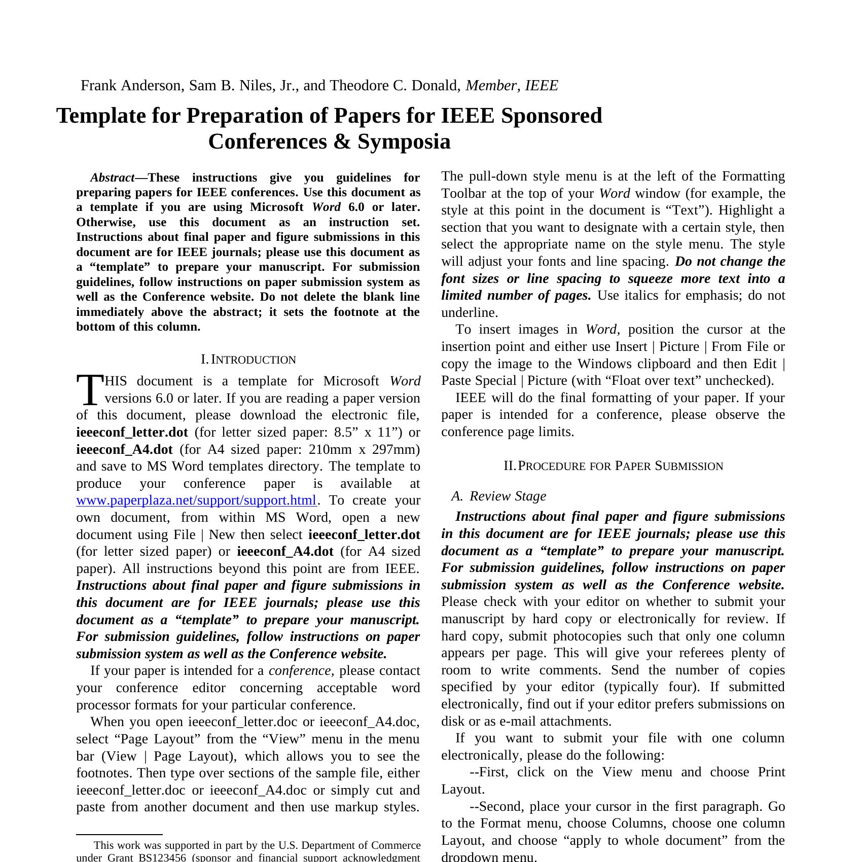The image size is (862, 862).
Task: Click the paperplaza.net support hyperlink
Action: tap(196, 500)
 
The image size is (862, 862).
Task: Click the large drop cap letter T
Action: tap(90, 390)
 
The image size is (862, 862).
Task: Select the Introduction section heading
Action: tap(248, 360)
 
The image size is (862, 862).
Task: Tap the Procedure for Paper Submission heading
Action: tap(614, 466)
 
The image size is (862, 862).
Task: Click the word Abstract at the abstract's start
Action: tap(112, 177)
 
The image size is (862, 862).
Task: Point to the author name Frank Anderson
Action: tap(131, 85)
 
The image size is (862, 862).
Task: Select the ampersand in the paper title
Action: tap(343, 141)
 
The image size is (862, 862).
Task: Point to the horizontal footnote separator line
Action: tap(119, 834)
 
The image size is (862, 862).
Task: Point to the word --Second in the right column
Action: tap(497, 806)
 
